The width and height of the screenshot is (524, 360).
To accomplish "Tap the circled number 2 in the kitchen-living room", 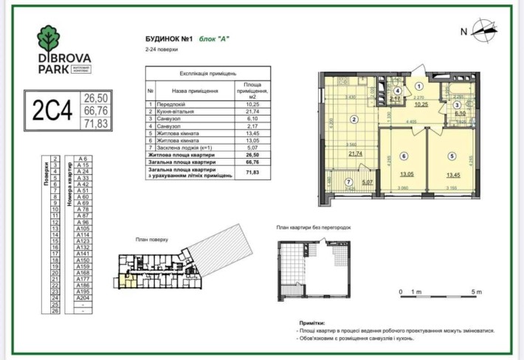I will [354, 120].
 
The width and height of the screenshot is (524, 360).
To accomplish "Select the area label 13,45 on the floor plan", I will [452, 176].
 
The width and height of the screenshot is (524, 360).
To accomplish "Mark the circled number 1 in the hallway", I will [419, 86].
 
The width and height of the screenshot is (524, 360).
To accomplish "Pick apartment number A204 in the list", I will [83, 297].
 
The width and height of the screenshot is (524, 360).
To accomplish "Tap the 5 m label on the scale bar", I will [476, 292].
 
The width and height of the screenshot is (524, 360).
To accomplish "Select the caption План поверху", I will [154, 240].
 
